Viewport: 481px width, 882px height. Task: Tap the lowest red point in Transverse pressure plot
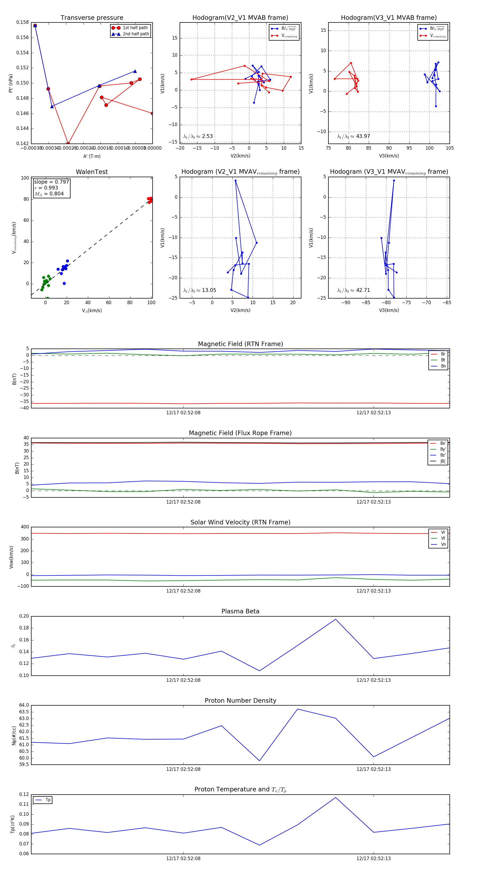click(x=68, y=144)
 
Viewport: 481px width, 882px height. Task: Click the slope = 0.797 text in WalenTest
click(x=51, y=182)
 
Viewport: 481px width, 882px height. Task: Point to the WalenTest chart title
click(x=92, y=172)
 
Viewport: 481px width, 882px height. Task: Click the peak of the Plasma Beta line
click(x=336, y=619)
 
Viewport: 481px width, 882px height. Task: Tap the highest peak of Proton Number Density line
click(x=297, y=709)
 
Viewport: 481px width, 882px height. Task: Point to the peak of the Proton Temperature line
click(x=336, y=798)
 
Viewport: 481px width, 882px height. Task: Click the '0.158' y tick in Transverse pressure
click(x=23, y=22)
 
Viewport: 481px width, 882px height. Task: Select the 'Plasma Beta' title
click(x=240, y=611)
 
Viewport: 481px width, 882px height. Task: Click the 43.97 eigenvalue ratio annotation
click(x=353, y=136)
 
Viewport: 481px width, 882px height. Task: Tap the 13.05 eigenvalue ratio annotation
click(x=200, y=290)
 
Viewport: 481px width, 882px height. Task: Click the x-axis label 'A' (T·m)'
click(x=92, y=156)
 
